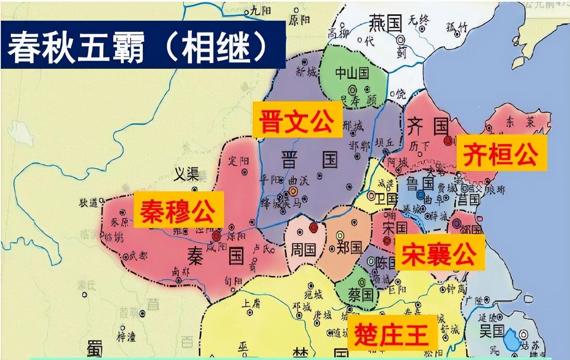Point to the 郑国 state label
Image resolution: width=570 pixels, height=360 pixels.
point(349,248)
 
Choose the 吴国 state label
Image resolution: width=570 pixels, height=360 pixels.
point(492,331)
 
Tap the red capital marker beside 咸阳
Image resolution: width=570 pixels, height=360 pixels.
point(216,235)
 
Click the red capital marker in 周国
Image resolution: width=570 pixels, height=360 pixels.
point(313,227)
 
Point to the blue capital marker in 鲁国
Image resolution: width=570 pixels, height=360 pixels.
point(421,195)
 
